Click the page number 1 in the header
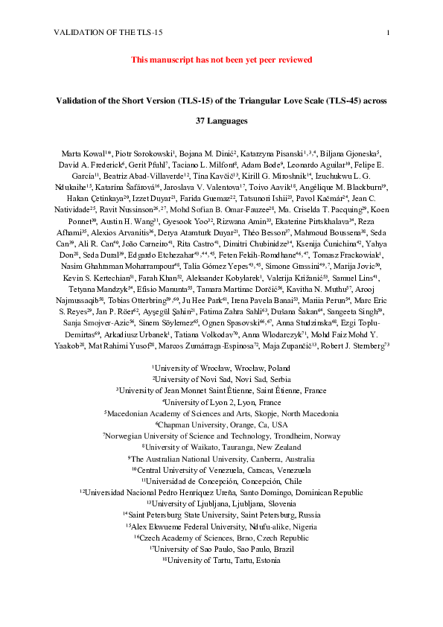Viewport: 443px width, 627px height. (389, 33)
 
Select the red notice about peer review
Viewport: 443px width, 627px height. (221, 59)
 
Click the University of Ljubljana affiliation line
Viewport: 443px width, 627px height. (221, 503)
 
